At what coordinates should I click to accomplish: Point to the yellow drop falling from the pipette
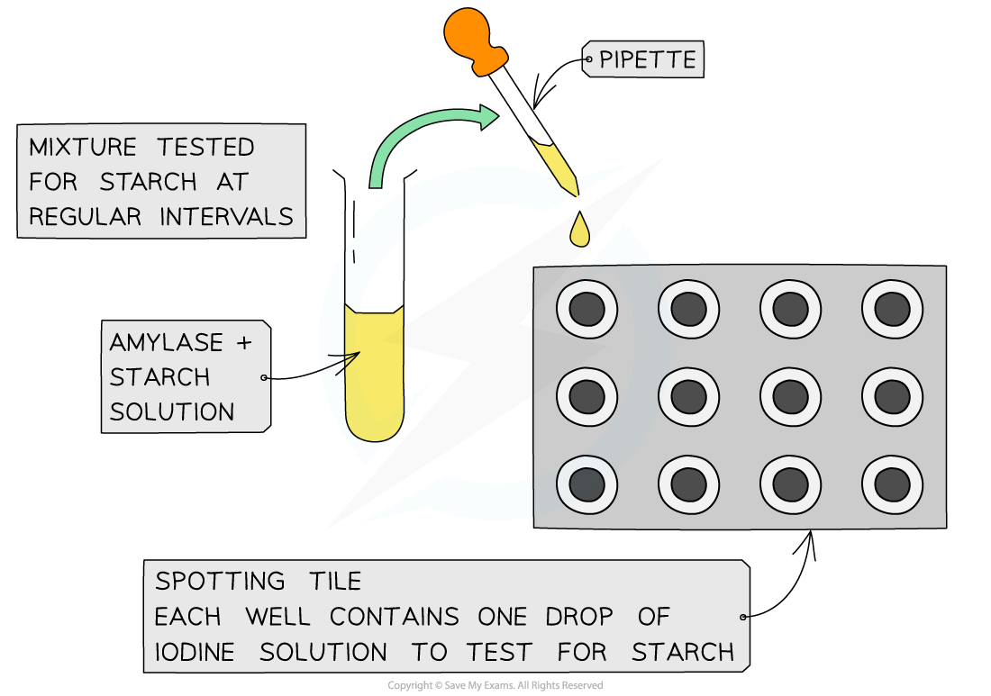pos(579,231)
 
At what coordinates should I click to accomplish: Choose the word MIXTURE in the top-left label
pos(83,148)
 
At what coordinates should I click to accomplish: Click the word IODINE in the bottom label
pos(195,651)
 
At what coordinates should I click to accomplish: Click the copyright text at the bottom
pos(495,686)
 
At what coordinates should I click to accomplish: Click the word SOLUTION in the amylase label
pos(171,411)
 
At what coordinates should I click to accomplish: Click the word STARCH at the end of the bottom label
pos(683,651)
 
